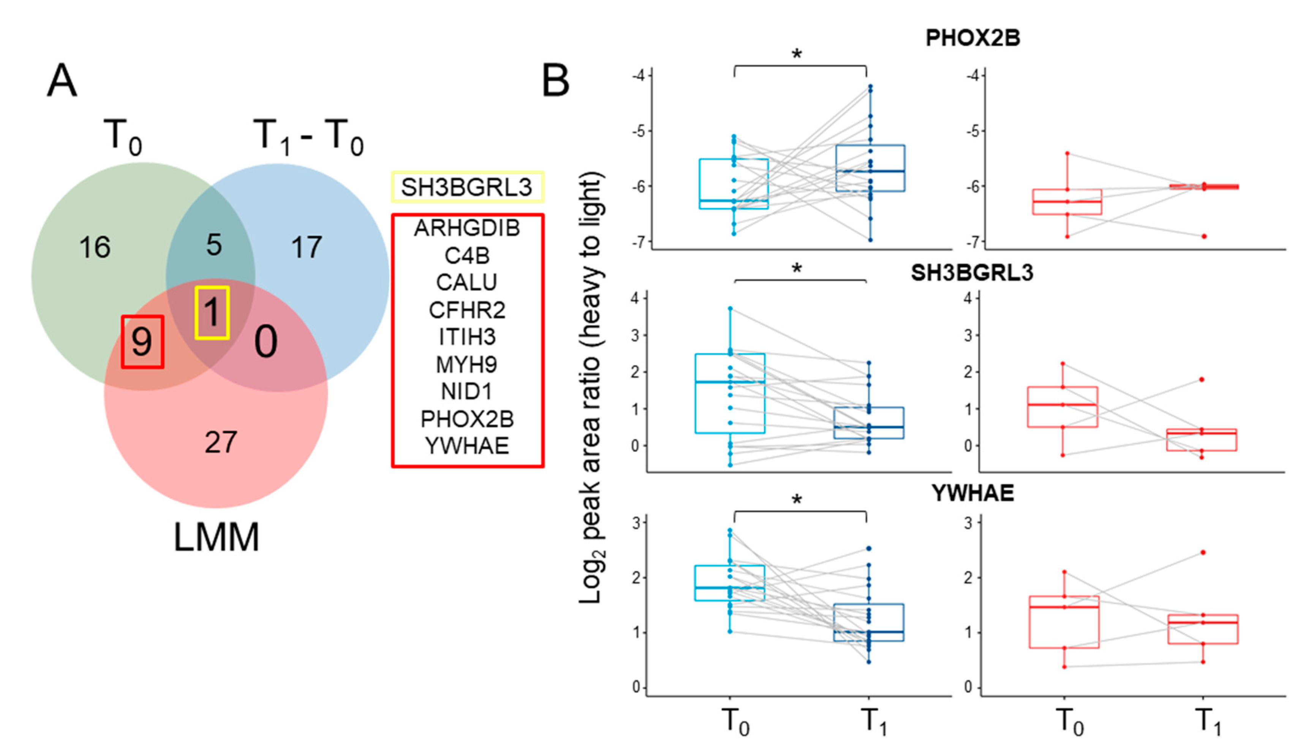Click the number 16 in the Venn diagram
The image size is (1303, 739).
(x=95, y=248)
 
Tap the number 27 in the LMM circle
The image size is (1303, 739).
(x=221, y=442)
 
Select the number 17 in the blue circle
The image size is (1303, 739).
(x=306, y=248)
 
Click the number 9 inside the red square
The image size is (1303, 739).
(x=142, y=341)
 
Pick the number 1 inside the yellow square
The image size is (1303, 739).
(x=212, y=312)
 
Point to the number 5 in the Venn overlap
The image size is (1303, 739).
(x=214, y=245)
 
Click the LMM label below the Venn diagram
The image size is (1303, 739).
(x=217, y=537)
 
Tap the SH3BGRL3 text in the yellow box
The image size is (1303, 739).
(x=466, y=187)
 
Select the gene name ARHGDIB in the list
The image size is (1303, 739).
(x=467, y=228)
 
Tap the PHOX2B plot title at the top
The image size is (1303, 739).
(x=973, y=38)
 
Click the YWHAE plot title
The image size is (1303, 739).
(x=973, y=493)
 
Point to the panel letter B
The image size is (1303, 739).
(x=556, y=81)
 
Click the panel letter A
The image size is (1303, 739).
(x=62, y=81)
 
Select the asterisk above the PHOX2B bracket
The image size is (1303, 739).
(x=797, y=54)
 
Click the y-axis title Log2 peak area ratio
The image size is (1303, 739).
(x=591, y=388)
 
